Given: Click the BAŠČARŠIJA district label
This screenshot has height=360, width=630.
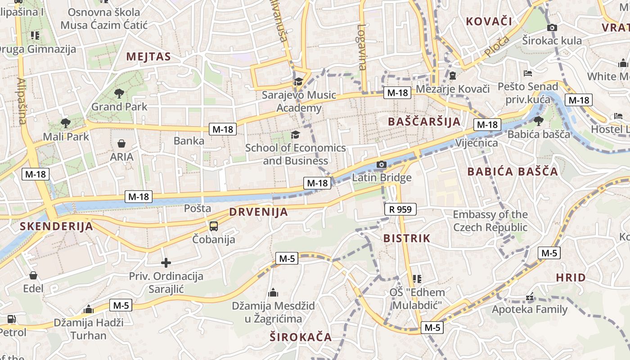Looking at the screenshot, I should (x=424, y=121).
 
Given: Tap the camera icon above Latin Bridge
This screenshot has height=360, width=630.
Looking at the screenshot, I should (x=382, y=165).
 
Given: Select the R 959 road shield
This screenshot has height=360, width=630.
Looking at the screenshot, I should (x=400, y=209).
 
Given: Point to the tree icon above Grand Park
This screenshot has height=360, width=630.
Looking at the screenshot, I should (x=119, y=94).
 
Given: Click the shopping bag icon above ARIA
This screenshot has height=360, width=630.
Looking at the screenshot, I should (x=121, y=144).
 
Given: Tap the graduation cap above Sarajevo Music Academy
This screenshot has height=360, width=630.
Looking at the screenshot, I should (x=298, y=81).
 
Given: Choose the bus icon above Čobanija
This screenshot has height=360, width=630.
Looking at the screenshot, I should (x=214, y=226).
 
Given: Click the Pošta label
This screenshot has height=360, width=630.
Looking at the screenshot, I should (x=198, y=208).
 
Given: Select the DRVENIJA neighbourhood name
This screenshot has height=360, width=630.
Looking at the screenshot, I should (x=258, y=212).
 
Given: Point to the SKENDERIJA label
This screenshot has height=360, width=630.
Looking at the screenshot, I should (x=56, y=226).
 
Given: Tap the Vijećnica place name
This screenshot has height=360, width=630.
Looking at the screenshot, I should (x=477, y=143).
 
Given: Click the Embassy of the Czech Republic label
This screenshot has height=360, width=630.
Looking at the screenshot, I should (x=490, y=221).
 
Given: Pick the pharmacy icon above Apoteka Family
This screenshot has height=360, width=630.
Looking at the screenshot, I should (x=530, y=297).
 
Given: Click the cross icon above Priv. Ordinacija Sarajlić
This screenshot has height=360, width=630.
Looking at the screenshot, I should (x=166, y=262).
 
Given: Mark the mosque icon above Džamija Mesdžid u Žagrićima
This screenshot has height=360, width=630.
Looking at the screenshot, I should (x=273, y=293).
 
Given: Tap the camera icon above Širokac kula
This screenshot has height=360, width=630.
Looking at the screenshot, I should (x=552, y=27).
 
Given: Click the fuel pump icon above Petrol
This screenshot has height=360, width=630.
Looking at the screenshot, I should (x=11, y=319).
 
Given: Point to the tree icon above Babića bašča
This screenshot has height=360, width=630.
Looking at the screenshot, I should (x=538, y=121).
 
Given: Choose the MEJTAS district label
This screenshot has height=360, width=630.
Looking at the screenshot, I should (x=148, y=57).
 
